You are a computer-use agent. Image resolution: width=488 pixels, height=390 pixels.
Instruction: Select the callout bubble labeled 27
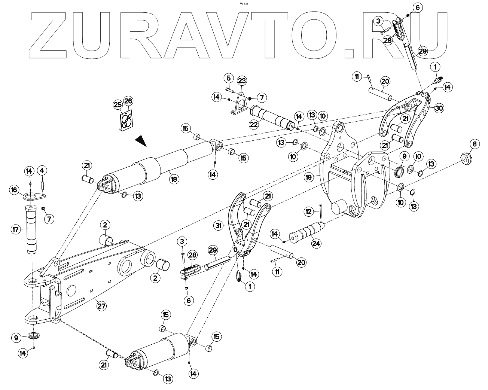(101, 306)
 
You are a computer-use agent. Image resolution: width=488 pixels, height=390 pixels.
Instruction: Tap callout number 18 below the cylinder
(174, 179)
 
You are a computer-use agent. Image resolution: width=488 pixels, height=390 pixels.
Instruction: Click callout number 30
(439, 108)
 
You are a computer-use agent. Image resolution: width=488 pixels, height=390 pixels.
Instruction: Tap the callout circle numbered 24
(317, 244)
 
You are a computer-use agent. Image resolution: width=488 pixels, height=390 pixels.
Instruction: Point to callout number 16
(15, 190)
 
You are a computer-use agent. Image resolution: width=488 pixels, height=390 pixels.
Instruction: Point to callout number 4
(42, 171)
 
